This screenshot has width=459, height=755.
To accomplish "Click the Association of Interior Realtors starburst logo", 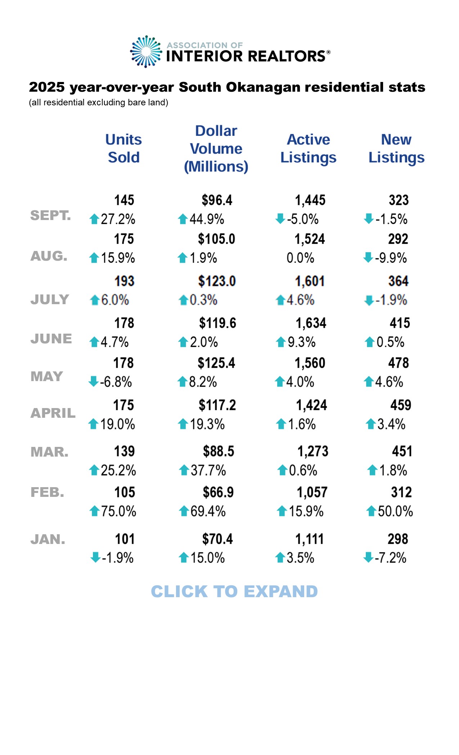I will pyautogui.click(x=146, y=52).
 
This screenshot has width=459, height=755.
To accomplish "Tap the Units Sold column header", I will pyautogui.click(x=123, y=148).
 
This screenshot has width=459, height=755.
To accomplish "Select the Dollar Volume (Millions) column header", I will pyautogui.click(x=216, y=149).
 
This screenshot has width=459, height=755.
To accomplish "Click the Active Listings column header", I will pyautogui.click(x=308, y=148).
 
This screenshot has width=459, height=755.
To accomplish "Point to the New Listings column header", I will pyautogui.click(x=396, y=148).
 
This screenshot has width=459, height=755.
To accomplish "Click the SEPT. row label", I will pyautogui.click(x=50, y=215).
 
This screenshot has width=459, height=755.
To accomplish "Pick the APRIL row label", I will pyautogui.click(x=53, y=413).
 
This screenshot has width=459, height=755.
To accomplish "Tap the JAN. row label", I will pyautogui.click(x=48, y=539).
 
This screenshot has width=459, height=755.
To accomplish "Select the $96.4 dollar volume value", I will pyautogui.click(x=217, y=200).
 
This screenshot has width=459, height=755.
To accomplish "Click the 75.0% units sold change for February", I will pyautogui.click(x=118, y=511).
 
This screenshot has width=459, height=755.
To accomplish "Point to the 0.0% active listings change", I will pyautogui.click(x=300, y=258).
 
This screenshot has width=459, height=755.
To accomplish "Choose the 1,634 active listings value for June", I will pyautogui.click(x=311, y=323).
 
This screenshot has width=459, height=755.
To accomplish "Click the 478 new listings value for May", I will pyautogui.click(x=399, y=363).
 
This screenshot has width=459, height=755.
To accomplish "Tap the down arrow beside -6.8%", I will pyautogui.click(x=94, y=381).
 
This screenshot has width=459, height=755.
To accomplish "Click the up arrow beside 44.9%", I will pyautogui.click(x=183, y=219).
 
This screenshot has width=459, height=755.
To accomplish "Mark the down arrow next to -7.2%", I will pyautogui.click(x=368, y=558).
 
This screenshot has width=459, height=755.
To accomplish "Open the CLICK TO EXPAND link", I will pyautogui.click(x=234, y=592).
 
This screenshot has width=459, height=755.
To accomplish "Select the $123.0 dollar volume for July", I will pyautogui.click(x=217, y=281).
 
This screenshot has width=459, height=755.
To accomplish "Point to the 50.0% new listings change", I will pyautogui.click(x=395, y=511).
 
